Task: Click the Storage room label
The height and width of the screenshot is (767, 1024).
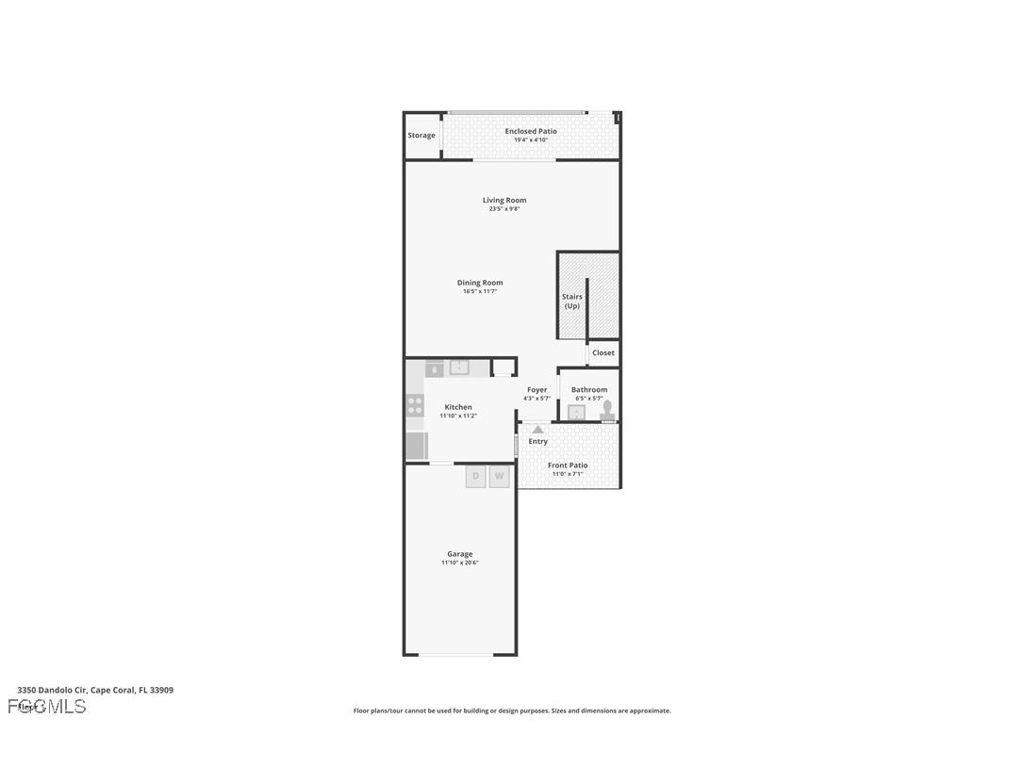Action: click(421, 136)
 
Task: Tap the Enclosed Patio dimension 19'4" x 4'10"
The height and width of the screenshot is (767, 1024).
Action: click(531, 140)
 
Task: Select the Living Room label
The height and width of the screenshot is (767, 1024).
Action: click(504, 200)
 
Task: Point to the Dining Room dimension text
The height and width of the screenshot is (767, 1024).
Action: click(480, 292)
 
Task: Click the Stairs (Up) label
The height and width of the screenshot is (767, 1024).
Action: click(571, 302)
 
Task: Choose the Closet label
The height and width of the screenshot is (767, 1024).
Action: click(603, 353)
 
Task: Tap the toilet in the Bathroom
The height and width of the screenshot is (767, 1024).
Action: click(608, 410)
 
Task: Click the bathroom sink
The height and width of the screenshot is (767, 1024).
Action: click(576, 412)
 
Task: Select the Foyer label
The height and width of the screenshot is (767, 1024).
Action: click(537, 390)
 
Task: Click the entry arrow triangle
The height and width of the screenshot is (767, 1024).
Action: click(537, 430)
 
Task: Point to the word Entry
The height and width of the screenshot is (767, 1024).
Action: click(537, 442)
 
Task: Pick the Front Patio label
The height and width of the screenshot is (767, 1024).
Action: click(568, 465)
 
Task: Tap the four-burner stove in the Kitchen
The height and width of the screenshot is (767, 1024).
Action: click(415, 405)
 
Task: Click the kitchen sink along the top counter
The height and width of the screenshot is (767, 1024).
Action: click(459, 367)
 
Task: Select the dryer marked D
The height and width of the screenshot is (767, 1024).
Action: click(475, 477)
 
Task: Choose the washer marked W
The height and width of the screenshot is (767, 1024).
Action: click(500, 477)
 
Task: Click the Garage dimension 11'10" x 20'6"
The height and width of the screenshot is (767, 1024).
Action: click(460, 563)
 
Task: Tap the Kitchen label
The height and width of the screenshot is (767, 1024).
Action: click(458, 407)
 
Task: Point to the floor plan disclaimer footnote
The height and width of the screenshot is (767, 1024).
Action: click(512, 711)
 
